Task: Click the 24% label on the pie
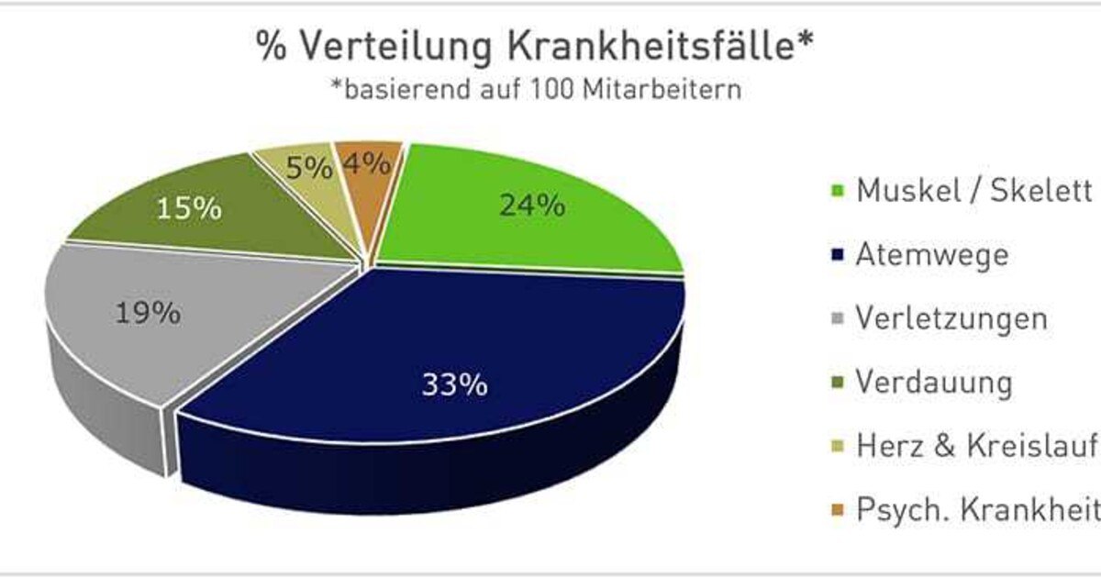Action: (x=531, y=206)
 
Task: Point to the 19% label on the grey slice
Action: (x=147, y=314)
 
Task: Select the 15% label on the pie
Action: (x=188, y=208)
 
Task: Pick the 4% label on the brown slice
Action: (x=366, y=165)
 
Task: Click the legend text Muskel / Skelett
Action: (x=973, y=191)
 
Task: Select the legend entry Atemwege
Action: (x=930, y=254)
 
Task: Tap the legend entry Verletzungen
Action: (x=951, y=318)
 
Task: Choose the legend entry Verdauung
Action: (x=933, y=382)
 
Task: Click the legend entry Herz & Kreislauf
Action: (x=976, y=446)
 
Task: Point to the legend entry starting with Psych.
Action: (x=976, y=509)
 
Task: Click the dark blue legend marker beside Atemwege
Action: (x=836, y=256)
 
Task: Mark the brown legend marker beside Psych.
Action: (x=836, y=511)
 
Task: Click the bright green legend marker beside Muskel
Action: (x=836, y=193)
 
